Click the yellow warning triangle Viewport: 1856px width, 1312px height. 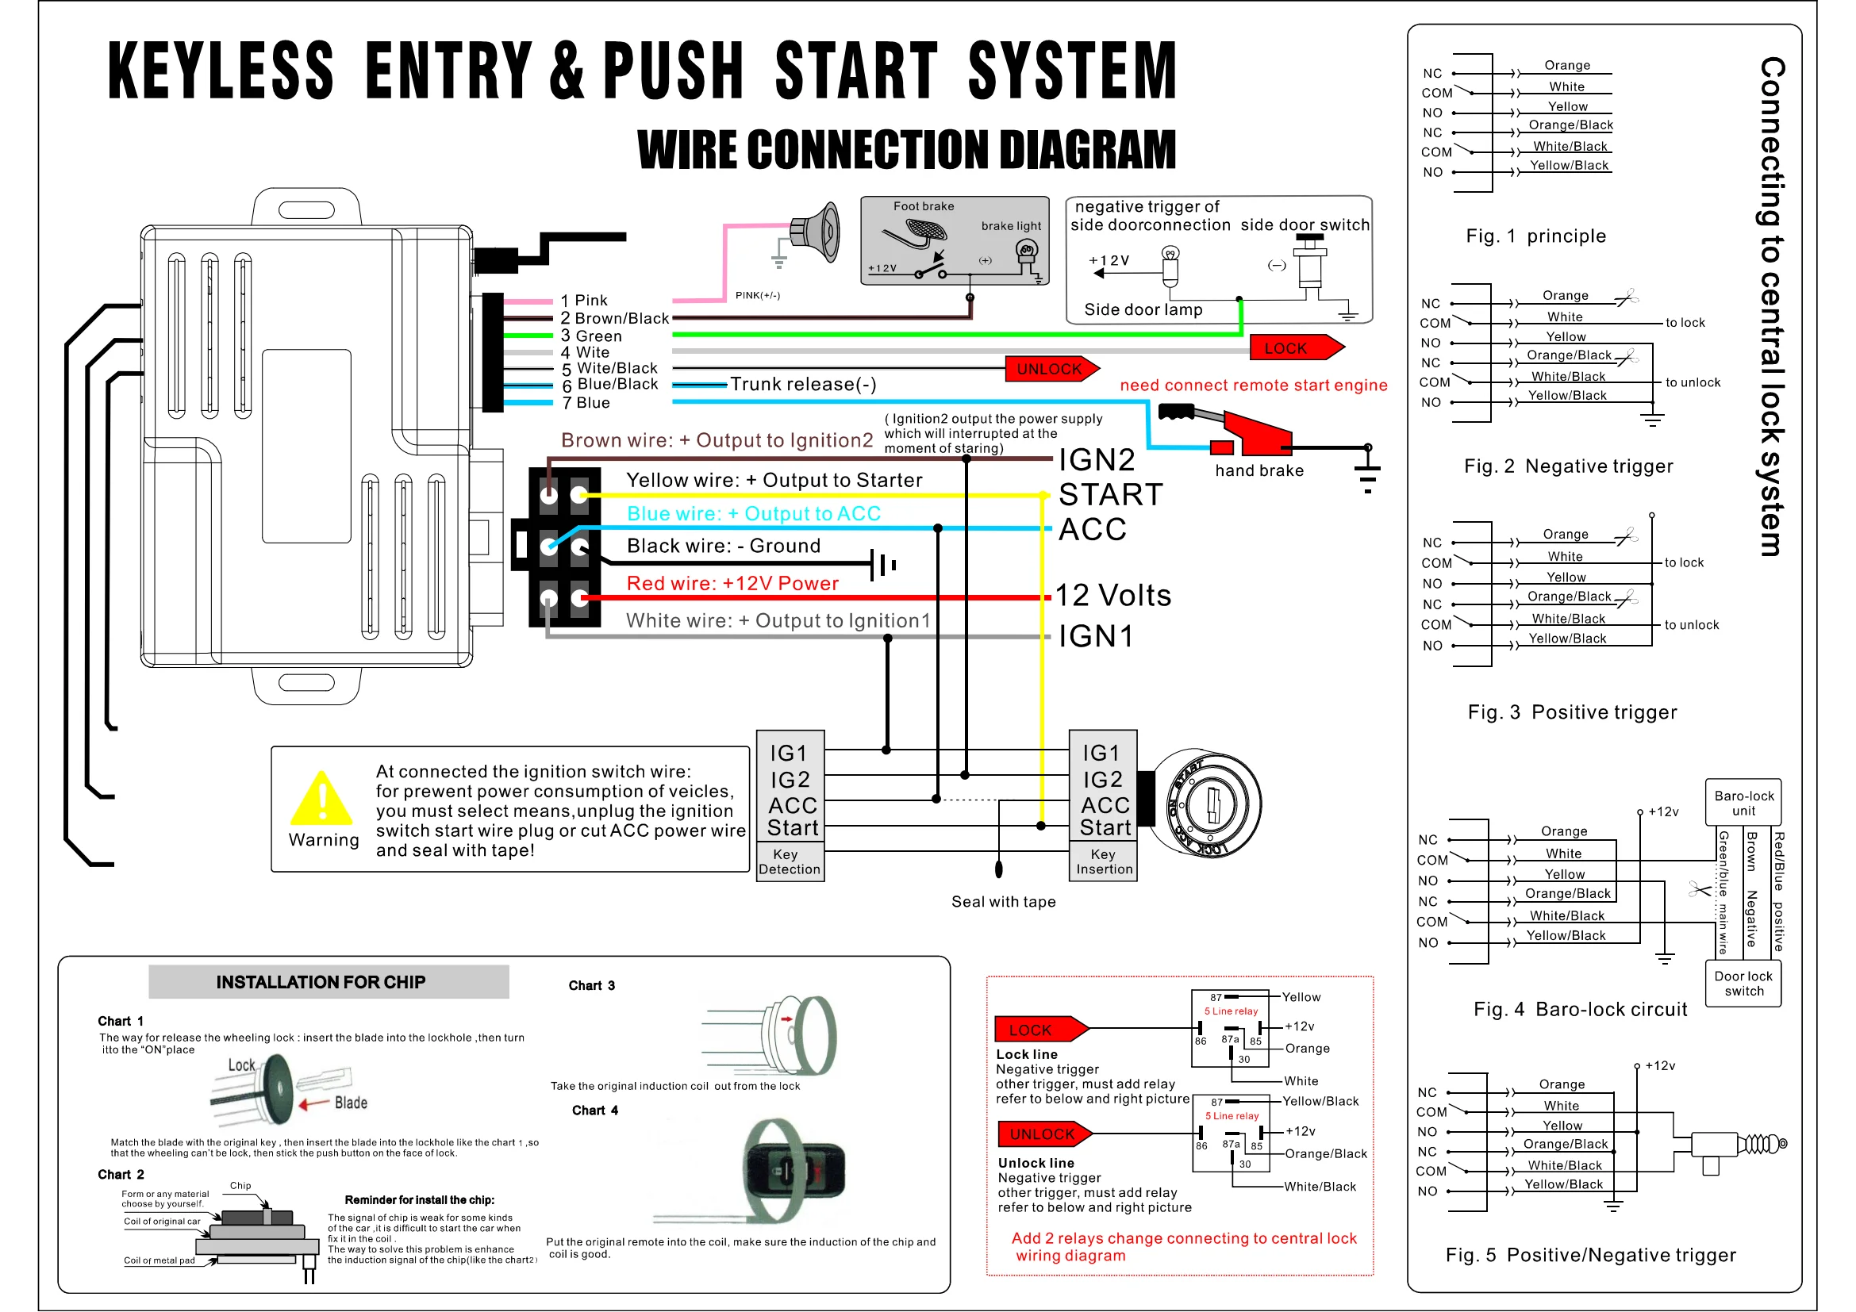click(321, 799)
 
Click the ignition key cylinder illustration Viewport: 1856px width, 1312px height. click(1205, 804)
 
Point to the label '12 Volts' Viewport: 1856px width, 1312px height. click(1113, 596)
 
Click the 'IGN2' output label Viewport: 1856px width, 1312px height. click(1097, 460)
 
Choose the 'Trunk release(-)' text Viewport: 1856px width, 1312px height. click(804, 385)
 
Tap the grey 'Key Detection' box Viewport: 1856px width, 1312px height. click(790, 862)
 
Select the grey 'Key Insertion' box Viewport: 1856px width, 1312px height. click(1104, 862)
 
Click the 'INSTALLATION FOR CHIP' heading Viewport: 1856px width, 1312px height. click(321, 982)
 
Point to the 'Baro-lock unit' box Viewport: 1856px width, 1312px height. click(1743, 803)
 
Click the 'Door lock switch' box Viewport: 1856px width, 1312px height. click(1743, 983)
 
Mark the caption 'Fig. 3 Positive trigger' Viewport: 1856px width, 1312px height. click(1572, 712)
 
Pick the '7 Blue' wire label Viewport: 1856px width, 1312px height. click(586, 403)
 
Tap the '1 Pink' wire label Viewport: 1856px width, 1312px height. click(585, 301)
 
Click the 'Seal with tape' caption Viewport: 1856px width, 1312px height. click(1003, 902)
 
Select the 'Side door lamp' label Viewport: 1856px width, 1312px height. click(1143, 309)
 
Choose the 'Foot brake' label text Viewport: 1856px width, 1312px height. click(923, 207)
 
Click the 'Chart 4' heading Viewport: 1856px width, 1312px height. click(595, 1111)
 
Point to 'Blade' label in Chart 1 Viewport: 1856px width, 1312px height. click(351, 1103)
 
